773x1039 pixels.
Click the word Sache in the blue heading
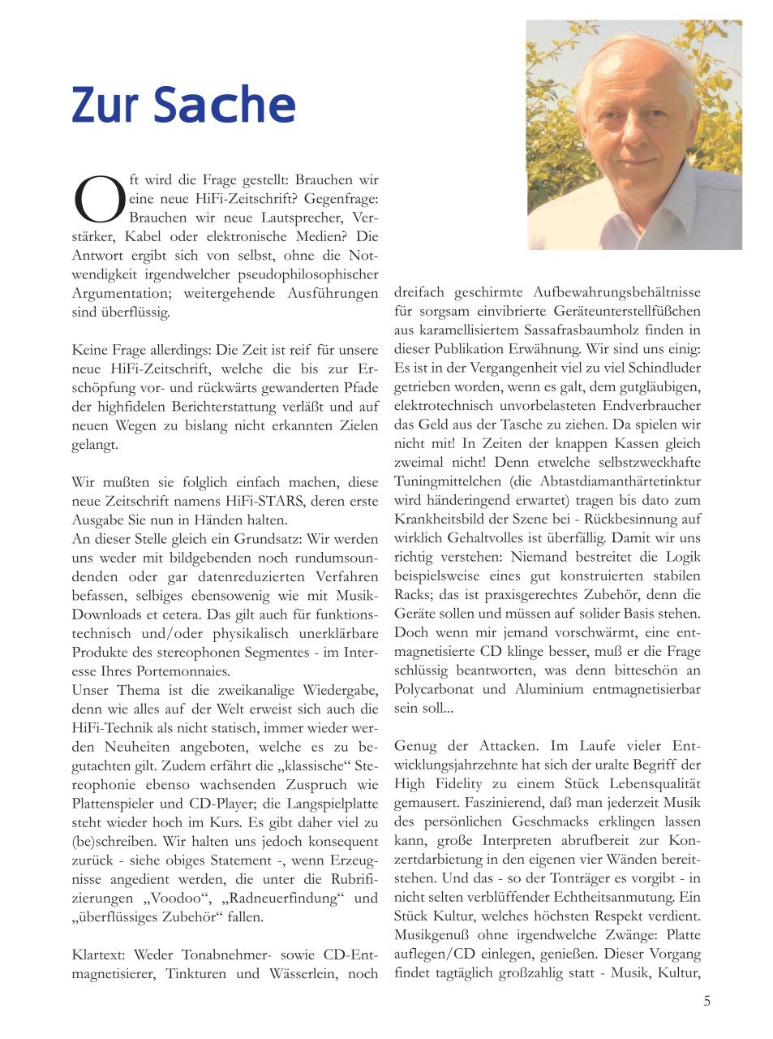[x=225, y=105]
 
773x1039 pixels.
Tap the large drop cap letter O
[x=98, y=200]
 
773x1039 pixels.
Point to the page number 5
[x=706, y=1001]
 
